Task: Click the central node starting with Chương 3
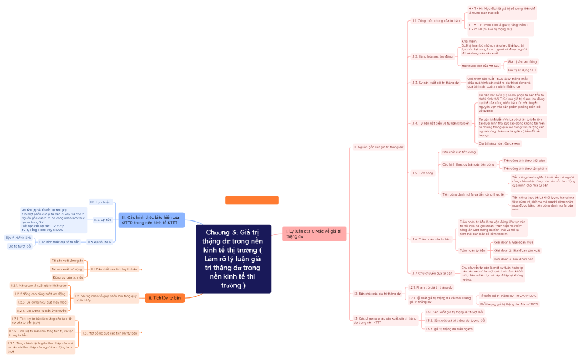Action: tap(233, 259)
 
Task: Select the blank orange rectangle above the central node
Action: tap(252, 200)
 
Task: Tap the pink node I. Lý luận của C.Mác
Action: tap(314, 233)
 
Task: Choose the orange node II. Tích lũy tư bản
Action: tap(164, 298)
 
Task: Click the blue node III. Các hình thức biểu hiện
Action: tap(151, 220)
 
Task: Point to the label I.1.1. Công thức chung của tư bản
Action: tap(436, 20)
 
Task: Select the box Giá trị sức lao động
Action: tap(522, 61)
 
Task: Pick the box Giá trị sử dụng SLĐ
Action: tap(522, 70)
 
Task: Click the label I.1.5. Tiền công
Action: tap(422, 173)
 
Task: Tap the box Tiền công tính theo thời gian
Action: tap(524, 160)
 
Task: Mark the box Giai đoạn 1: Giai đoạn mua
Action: tap(513, 242)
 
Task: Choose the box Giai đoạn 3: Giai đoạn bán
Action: tap(513, 259)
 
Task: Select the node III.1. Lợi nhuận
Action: tap(100, 202)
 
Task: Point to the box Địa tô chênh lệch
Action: tap(18, 238)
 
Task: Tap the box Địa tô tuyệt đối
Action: tap(19, 246)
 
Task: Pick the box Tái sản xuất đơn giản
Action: tap(67, 260)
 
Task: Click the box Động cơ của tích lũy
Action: tap(68, 277)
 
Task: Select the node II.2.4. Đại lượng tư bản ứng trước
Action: tap(41, 311)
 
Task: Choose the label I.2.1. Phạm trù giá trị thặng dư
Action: tap(431, 287)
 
